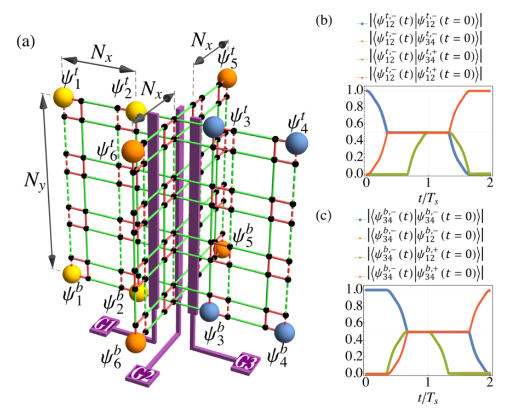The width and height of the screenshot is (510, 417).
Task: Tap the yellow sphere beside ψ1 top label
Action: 62,99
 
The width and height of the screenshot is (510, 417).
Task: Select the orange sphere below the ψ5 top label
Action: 226,78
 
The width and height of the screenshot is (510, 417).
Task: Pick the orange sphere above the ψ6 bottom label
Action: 135,343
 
